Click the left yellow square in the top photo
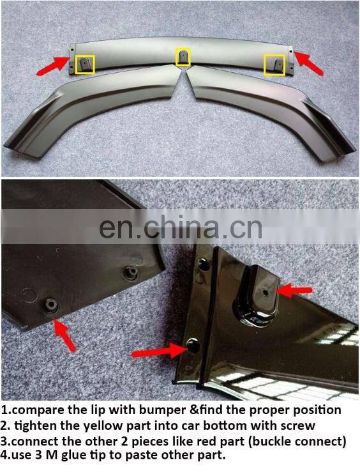coord(85,64)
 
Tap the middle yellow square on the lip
coord(183,57)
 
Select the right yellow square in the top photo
coord(275,65)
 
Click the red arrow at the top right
coord(310,62)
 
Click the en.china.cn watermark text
coord(181,228)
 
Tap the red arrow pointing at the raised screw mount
coord(294,291)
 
